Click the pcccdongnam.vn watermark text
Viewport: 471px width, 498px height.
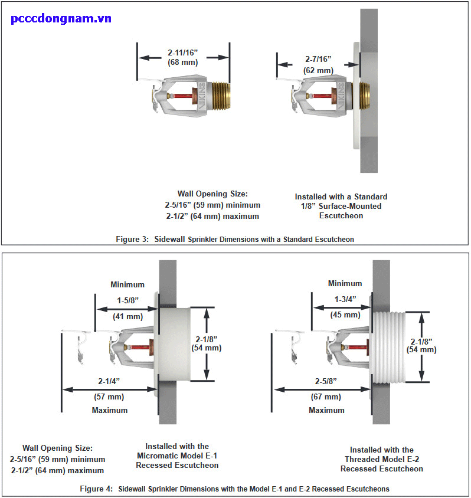(x=61, y=18)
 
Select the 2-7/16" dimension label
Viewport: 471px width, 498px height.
(x=318, y=60)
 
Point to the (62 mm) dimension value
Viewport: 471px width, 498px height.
(x=318, y=70)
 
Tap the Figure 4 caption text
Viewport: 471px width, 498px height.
(x=234, y=489)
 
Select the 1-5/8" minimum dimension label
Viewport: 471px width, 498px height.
(x=127, y=300)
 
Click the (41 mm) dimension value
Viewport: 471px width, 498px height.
(x=127, y=316)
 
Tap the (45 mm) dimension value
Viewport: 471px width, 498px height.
(x=344, y=314)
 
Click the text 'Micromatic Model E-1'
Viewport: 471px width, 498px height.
(x=177, y=456)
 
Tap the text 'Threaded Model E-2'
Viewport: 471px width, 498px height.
(x=382, y=459)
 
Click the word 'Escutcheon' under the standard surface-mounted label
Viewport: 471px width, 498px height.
(x=341, y=216)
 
